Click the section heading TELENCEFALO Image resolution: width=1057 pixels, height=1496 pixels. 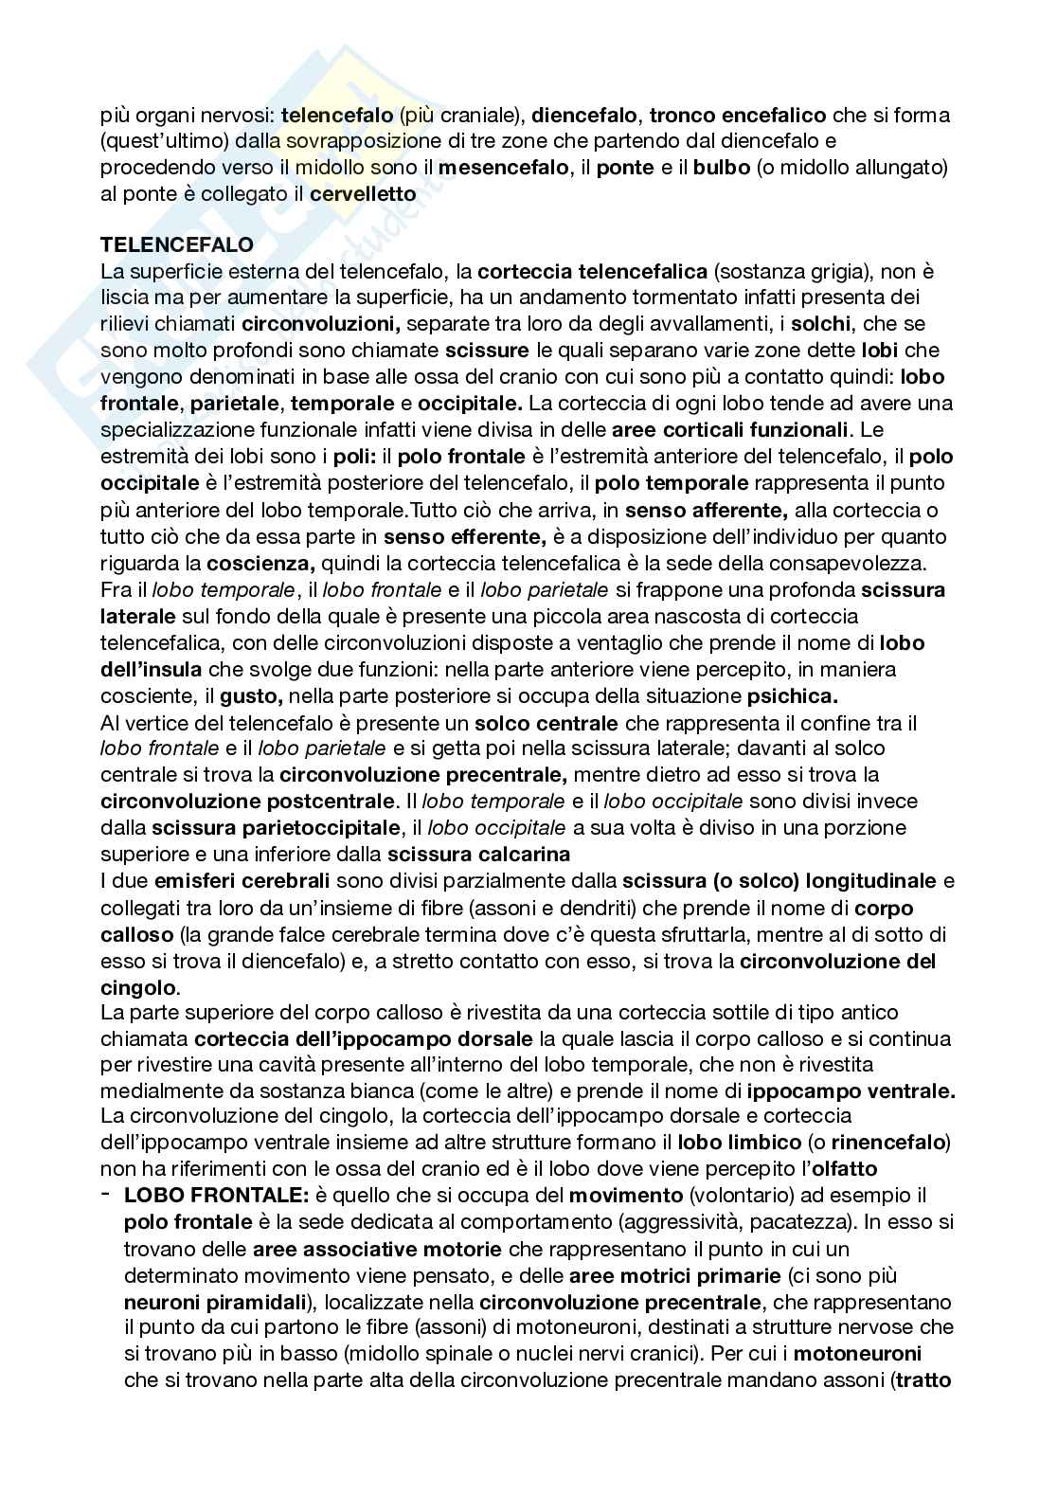click(176, 244)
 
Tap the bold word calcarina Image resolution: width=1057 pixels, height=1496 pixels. click(525, 855)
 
